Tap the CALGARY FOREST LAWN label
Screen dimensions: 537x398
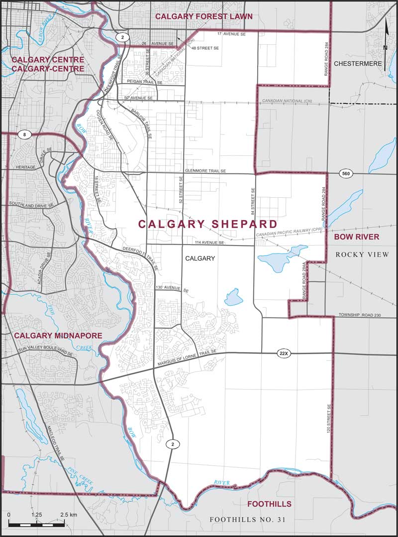click(204, 16)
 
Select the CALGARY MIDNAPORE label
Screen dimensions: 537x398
click(58, 336)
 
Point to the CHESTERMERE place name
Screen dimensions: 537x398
click(358, 64)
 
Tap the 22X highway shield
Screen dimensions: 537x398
click(284, 354)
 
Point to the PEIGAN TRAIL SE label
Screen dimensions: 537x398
click(145, 82)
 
